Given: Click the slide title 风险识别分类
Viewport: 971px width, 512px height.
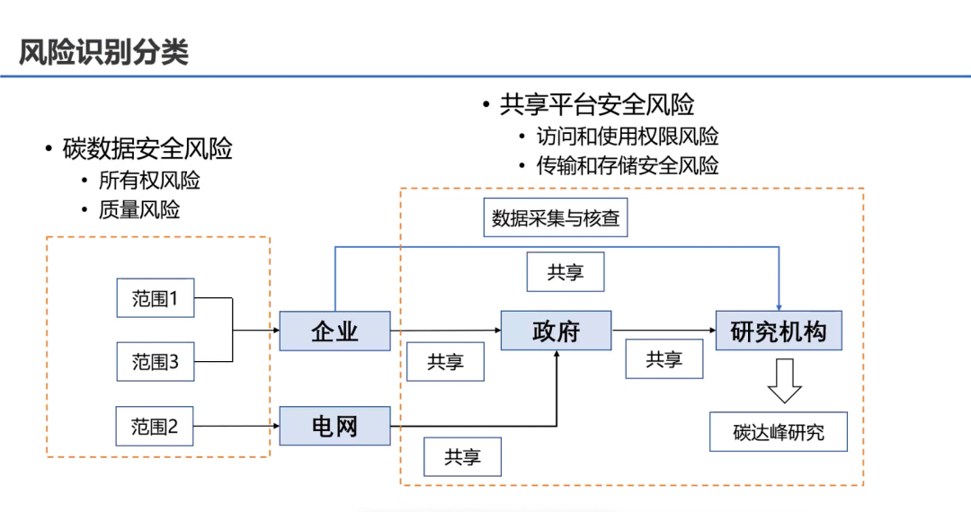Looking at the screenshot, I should (x=104, y=52).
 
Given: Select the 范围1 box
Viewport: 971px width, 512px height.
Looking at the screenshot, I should (x=156, y=298).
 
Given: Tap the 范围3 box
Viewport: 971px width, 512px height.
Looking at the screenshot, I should (x=156, y=361).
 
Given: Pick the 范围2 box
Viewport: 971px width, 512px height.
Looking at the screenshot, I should (x=156, y=426).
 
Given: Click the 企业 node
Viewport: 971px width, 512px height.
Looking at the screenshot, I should (x=334, y=331).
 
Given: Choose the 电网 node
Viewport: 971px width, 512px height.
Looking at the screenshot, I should (x=334, y=426).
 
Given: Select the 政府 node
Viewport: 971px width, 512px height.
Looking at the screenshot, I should (x=557, y=331).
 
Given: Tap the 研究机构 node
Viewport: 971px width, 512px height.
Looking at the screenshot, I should (x=779, y=331).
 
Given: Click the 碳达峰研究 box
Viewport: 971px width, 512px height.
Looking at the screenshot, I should (x=779, y=432).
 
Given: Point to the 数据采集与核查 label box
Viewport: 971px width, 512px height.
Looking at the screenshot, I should (x=556, y=217).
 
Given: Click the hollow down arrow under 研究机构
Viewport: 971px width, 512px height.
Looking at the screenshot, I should (x=784, y=381).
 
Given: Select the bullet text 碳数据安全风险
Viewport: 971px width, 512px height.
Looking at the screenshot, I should (x=147, y=148).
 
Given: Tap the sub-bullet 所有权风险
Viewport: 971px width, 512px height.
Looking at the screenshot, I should (x=149, y=180).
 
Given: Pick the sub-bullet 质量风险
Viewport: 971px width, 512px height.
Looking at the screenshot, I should (x=139, y=209).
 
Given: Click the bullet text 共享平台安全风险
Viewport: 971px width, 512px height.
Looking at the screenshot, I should (x=597, y=104).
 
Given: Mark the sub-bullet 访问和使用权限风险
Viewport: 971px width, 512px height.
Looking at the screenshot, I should (x=628, y=137).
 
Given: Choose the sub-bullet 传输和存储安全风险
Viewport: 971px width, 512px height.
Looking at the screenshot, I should (x=628, y=165).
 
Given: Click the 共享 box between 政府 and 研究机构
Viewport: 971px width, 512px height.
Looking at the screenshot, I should (x=664, y=359).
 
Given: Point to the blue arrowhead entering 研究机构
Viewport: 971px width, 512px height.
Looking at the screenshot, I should (x=779, y=306).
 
